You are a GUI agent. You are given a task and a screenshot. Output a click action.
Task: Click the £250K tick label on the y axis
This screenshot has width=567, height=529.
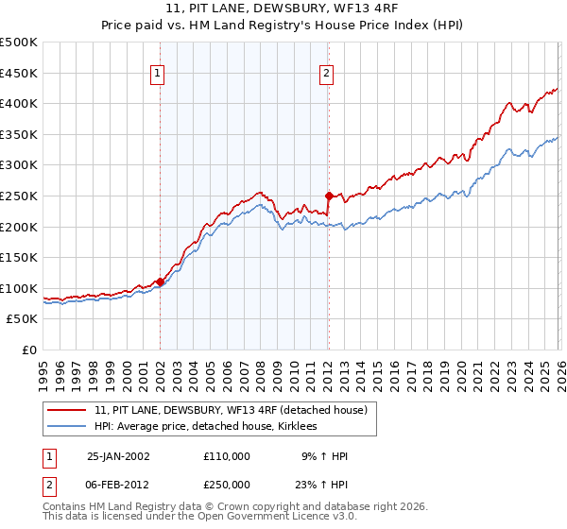(x=19, y=196)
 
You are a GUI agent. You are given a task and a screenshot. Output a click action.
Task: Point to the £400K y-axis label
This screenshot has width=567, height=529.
(x=19, y=103)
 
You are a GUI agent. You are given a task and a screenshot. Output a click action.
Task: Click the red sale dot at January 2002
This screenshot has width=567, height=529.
(x=160, y=282)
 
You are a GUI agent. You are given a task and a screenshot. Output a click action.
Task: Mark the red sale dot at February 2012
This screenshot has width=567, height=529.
(x=329, y=196)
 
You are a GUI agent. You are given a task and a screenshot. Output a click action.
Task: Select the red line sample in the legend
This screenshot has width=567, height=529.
(x=67, y=410)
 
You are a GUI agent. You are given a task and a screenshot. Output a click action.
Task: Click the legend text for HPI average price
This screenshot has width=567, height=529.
(x=205, y=427)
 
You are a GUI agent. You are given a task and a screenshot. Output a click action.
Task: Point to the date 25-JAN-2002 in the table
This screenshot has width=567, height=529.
(x=118, y=455)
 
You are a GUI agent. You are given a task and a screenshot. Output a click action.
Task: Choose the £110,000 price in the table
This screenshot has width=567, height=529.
(x=227, y=455)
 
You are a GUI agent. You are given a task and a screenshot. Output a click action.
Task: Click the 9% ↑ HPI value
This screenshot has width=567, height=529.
(x=323, y=455)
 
